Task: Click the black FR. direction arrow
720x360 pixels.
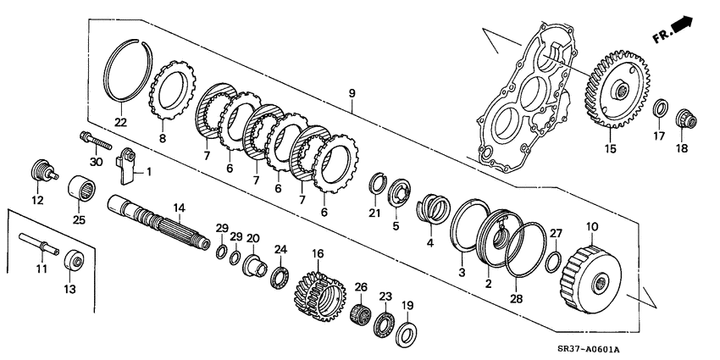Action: coord(683,28)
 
